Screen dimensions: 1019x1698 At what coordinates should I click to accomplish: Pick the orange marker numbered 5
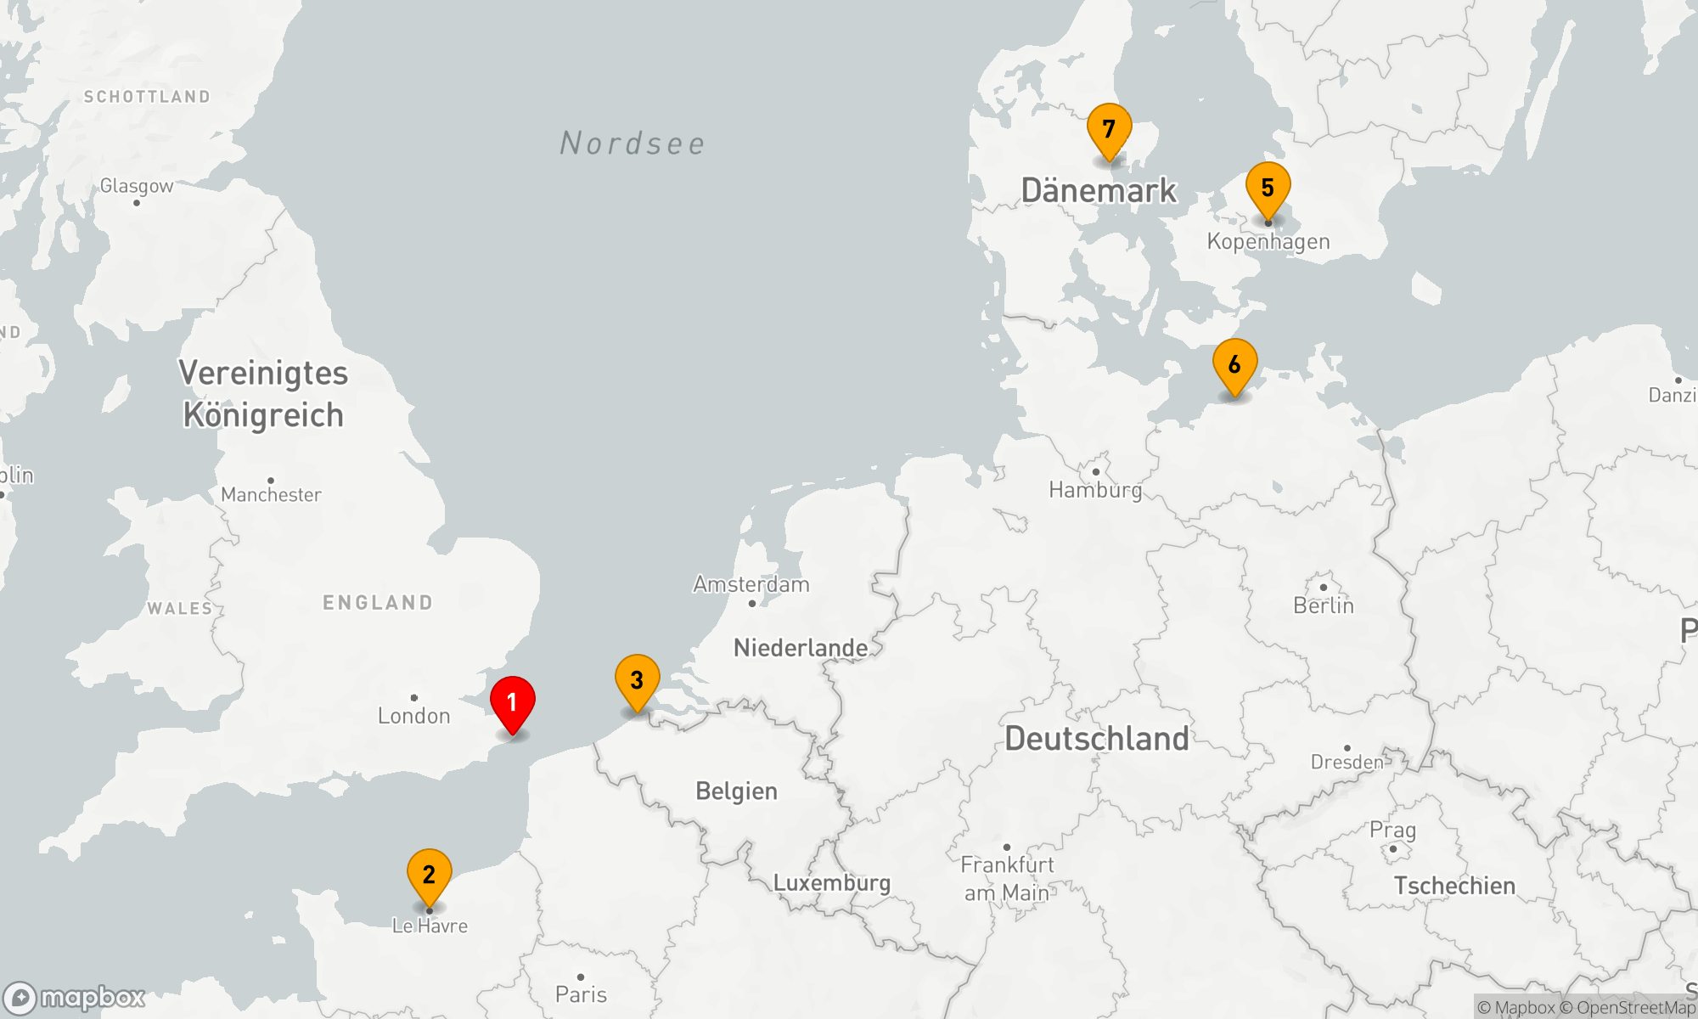[1268, 189]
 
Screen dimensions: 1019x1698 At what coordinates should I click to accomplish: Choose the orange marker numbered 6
[1235, 365]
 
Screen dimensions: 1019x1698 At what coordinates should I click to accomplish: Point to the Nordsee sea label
[633, 144]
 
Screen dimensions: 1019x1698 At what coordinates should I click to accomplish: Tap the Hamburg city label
[1095, 490]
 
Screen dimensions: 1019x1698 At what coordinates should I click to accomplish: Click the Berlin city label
[1324, 605]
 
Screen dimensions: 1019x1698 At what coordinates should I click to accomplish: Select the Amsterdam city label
[751, 584]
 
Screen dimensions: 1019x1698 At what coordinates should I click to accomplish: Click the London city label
[414, 716]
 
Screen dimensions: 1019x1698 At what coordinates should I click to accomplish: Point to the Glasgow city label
[137, 185]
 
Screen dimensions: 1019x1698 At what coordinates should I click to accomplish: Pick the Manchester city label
[271, 494]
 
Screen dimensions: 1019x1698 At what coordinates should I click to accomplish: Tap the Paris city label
[581, 994]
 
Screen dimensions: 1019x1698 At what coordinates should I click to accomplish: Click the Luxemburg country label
[832, 883]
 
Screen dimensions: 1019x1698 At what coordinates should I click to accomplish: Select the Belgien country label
[736, 791]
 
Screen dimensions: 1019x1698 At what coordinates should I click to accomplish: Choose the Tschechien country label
[1454, 886]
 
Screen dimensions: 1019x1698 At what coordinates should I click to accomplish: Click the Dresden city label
[1347, 762]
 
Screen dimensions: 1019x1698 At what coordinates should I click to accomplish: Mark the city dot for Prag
[1393, 848]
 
